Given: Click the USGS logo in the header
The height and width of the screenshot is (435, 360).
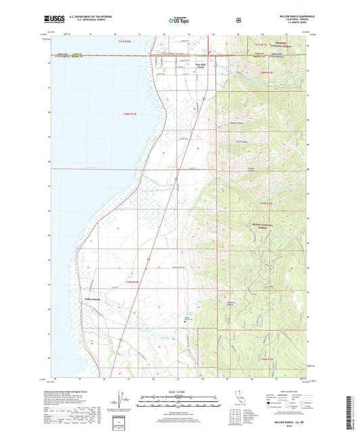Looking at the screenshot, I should coord(52,21).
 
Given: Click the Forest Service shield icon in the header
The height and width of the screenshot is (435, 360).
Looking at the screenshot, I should coord(238,20).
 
